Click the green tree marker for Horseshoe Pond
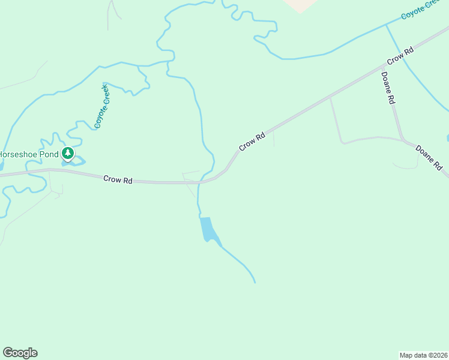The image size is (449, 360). click(68, 154)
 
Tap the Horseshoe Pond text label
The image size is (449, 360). click(29, 154)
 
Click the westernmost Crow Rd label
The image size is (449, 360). click(118, 179)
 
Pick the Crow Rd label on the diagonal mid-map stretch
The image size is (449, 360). click(252, 142)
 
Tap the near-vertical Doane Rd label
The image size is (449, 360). click(388, 89)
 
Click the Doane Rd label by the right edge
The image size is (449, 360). click(429, 157)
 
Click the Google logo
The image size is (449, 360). click(20, 353)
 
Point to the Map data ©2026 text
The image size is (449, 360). click(423, 355)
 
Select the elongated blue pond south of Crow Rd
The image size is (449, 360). click(207, 229)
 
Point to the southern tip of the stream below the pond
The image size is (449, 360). click(255, 282)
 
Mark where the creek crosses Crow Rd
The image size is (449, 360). click(200, 181)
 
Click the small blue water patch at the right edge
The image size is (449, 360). click(447, 138)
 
